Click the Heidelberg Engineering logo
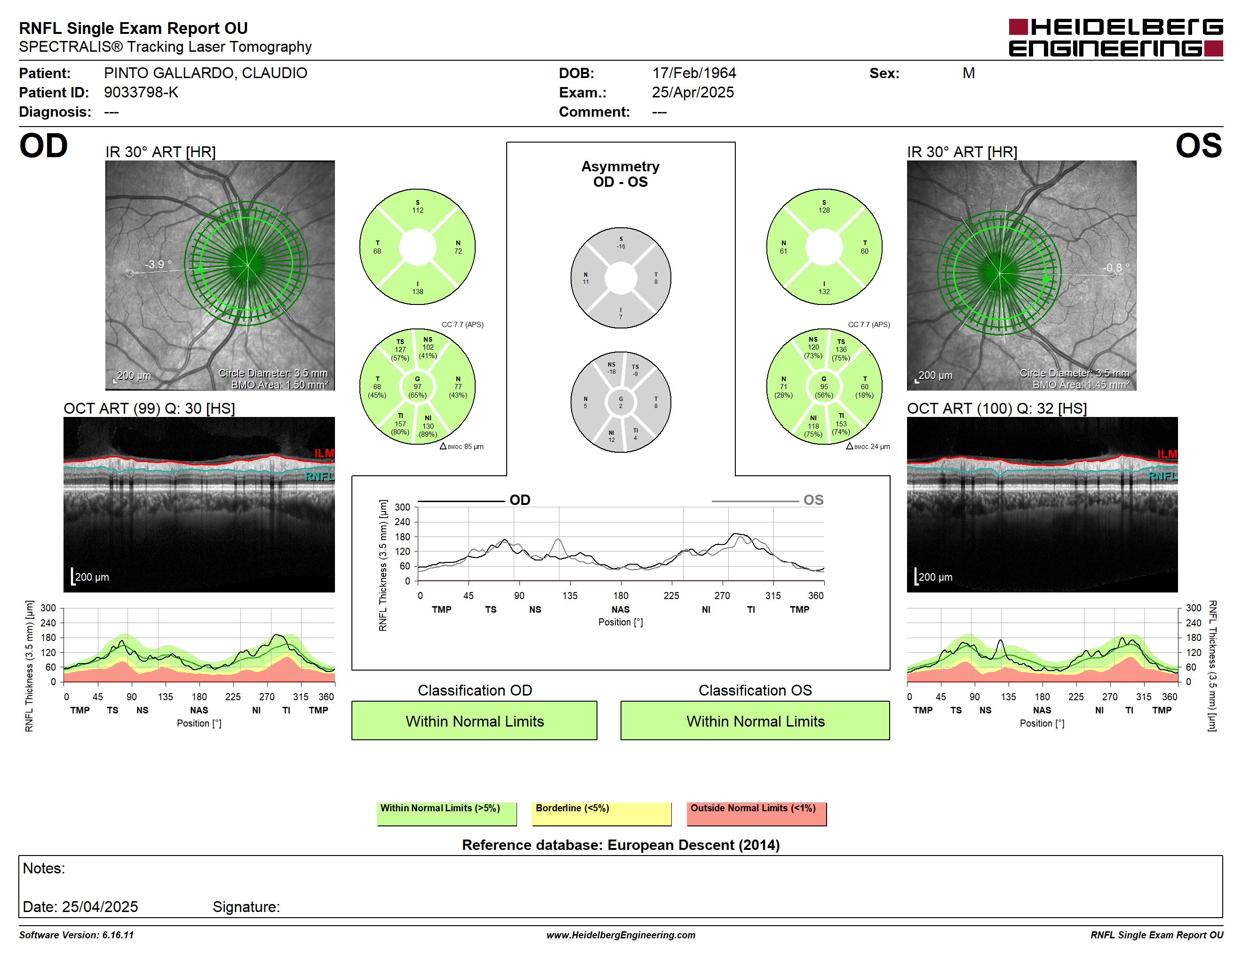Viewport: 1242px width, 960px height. pos(1116,38)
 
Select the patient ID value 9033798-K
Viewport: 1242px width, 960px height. pos(141,92)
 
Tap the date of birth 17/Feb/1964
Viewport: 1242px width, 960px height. pos(694,73)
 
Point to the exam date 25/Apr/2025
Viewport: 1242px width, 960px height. pos(693,92)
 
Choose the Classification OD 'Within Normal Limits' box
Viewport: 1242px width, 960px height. pos(474,720)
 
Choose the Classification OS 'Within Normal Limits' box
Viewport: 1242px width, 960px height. pos(755,720)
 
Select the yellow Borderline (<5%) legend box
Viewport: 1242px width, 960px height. pos(602,813)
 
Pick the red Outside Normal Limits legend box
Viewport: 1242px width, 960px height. pos(757,813)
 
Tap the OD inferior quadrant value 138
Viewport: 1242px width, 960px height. pos(418,292)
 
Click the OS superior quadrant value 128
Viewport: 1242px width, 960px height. pos(824,210)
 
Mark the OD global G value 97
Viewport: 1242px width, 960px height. pos(417,387)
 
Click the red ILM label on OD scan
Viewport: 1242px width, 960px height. pos(324,453)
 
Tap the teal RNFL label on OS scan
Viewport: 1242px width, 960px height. pos(1162,476)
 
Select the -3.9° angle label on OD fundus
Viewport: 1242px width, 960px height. pos(158,264)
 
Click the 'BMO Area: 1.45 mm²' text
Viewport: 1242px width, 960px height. pos(1081,384)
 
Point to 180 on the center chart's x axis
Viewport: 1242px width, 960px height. pos(621,595)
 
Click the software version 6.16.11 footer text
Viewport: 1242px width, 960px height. pos(76,935)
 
